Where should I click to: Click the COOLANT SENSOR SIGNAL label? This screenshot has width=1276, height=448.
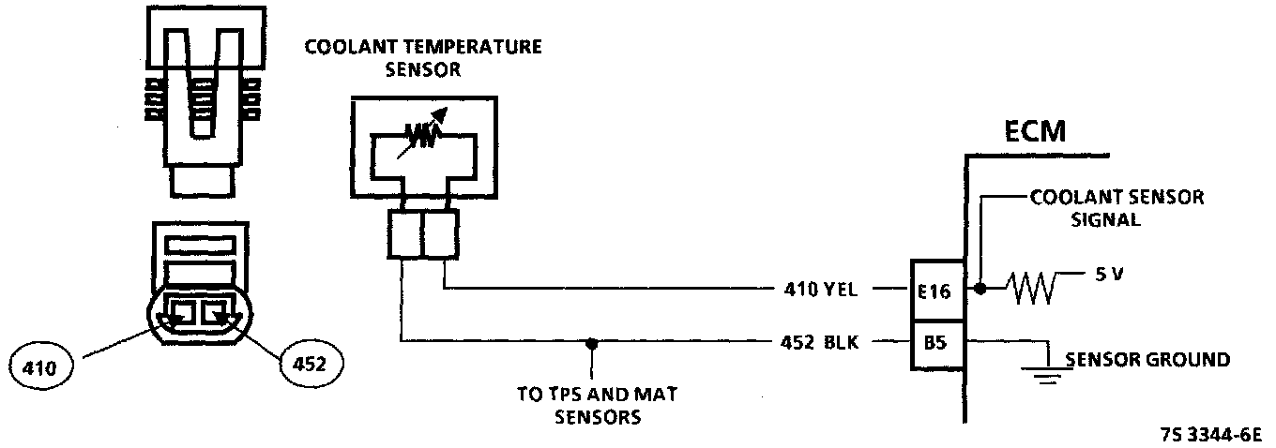pos(1116,208)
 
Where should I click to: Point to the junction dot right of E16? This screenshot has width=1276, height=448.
pos(980,290)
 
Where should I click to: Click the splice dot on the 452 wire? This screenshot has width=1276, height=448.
pos(591,342)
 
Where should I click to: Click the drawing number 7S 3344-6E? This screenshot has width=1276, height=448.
pos(1210,435)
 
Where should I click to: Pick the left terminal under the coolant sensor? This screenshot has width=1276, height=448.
pos(403,233)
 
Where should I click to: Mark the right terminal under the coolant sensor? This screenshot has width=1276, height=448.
pos(440,233)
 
